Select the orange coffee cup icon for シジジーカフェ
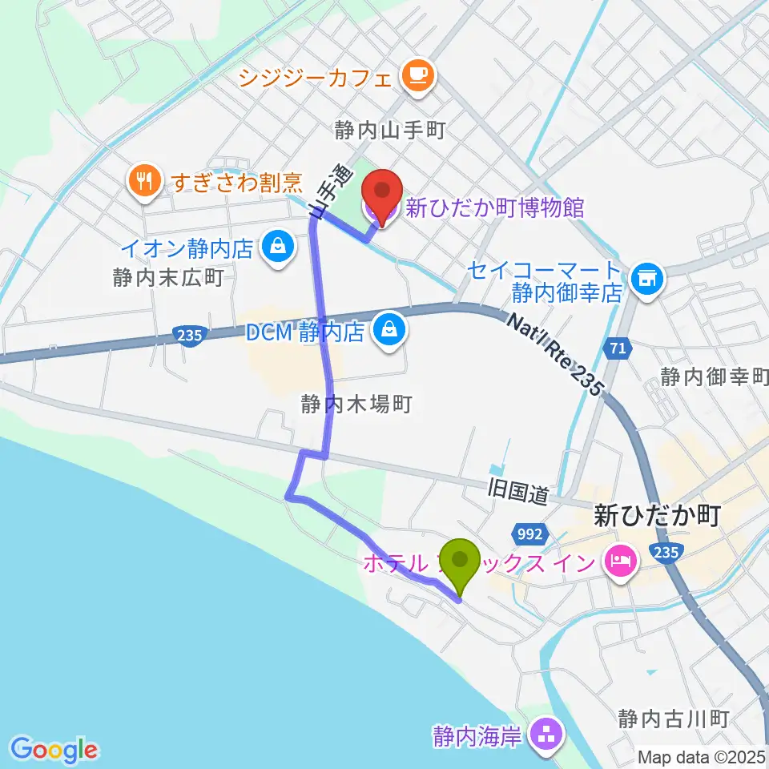419,77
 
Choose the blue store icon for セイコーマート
646,279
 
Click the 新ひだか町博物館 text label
495,208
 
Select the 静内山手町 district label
390,131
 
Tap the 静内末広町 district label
167,278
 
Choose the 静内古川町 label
673,719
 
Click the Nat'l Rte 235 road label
554,352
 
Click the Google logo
54,750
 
